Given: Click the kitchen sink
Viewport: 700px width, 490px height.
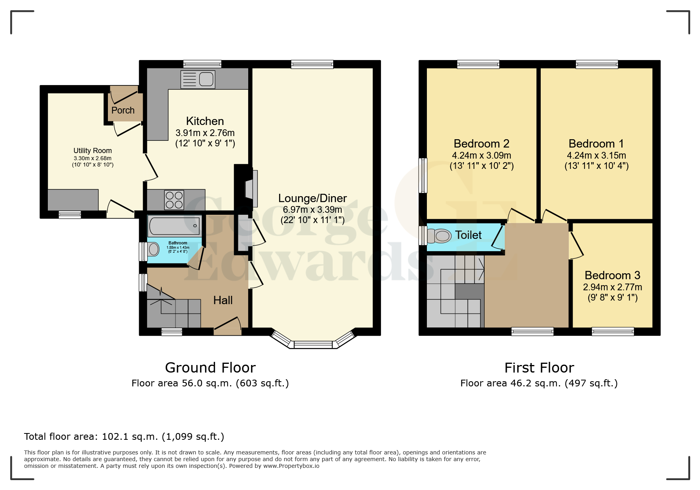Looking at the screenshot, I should coord(198,79).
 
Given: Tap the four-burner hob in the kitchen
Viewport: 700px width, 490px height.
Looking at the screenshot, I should coord(174,200).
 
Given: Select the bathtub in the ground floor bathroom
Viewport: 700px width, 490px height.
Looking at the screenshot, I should coord(174,226).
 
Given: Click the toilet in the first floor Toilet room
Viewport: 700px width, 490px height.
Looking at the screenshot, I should coord(440,236).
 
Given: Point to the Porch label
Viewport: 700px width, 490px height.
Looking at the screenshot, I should coord(123,110).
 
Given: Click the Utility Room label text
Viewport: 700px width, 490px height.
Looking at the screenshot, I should coord(92,151).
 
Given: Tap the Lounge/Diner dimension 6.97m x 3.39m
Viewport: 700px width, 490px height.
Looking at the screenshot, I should coord(312,210).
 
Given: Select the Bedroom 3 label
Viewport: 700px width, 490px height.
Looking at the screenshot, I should coord(612,275).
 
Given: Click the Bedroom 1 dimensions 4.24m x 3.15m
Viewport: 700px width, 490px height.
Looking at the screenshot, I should coord(596,155).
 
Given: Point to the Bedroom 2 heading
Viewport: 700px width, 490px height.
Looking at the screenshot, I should coord(481,144).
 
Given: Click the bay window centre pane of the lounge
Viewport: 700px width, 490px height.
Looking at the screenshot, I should coord(313,345).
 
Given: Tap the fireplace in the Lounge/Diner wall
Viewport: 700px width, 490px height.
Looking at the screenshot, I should coord(251,189).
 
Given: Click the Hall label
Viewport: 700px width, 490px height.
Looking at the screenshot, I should coord(223,300).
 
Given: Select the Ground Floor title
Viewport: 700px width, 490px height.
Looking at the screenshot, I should coord(210,368).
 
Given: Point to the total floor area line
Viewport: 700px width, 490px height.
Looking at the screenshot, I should coord(124,437).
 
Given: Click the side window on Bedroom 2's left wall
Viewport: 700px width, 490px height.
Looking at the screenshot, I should coord(423,175).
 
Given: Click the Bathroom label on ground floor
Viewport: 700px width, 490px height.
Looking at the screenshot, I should coord(178,243).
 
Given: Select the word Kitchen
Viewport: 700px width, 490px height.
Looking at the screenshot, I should coord(205,121).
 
